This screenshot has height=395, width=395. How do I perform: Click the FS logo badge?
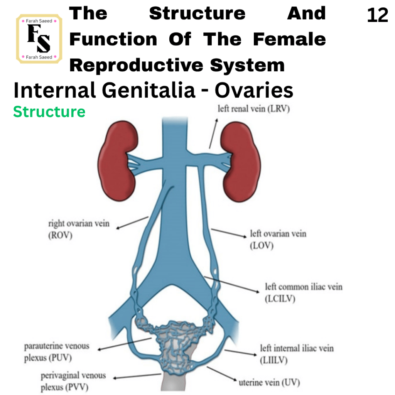39,39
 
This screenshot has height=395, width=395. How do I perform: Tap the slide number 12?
377,15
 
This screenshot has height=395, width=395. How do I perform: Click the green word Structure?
49,111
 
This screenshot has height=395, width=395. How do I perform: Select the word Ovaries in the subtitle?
254,90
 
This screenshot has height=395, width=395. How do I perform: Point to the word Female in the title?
289,39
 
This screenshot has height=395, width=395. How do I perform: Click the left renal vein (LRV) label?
254,109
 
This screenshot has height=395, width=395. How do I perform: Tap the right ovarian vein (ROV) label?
79,229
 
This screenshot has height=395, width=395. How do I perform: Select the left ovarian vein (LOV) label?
278,239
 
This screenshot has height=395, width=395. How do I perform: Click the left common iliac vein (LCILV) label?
304,292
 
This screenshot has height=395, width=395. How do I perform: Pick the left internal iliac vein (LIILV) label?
297,354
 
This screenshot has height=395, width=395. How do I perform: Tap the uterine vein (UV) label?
269,382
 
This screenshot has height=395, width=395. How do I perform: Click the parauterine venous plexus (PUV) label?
57,352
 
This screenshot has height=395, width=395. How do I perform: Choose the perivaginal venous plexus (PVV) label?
73,381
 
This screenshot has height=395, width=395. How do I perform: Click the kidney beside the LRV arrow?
241,162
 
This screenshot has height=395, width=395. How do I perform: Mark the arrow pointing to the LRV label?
213,133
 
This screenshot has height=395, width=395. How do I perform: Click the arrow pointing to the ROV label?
132,223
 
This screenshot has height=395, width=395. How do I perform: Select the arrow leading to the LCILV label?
231,285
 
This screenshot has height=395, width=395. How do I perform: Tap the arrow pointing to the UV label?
222,374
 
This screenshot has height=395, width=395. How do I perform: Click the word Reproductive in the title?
136,65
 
